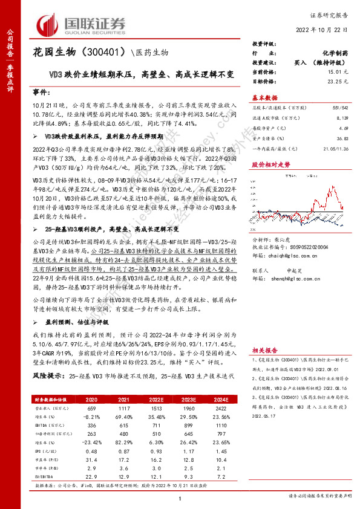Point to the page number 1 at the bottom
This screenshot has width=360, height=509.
pyautogui.click(x=180, y=498)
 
